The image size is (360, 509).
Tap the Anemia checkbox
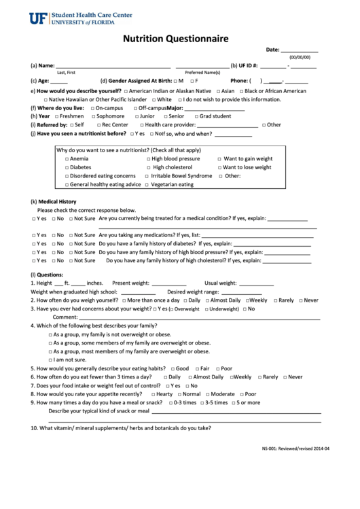67,159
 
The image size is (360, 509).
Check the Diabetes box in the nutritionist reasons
67,167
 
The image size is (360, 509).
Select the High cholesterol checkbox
149,167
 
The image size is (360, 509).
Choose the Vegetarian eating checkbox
147,185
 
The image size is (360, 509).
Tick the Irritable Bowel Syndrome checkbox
147,176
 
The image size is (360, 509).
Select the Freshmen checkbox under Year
55,116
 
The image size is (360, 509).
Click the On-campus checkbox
91,108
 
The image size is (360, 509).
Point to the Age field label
39,81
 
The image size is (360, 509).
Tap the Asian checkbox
218,91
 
